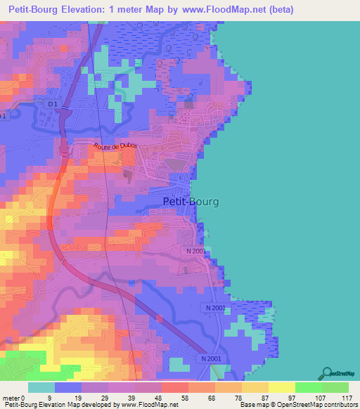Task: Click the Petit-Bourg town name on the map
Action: tap(191, 202)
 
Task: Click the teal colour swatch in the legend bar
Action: tap(41, 388)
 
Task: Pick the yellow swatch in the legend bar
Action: tap(281, 388)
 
